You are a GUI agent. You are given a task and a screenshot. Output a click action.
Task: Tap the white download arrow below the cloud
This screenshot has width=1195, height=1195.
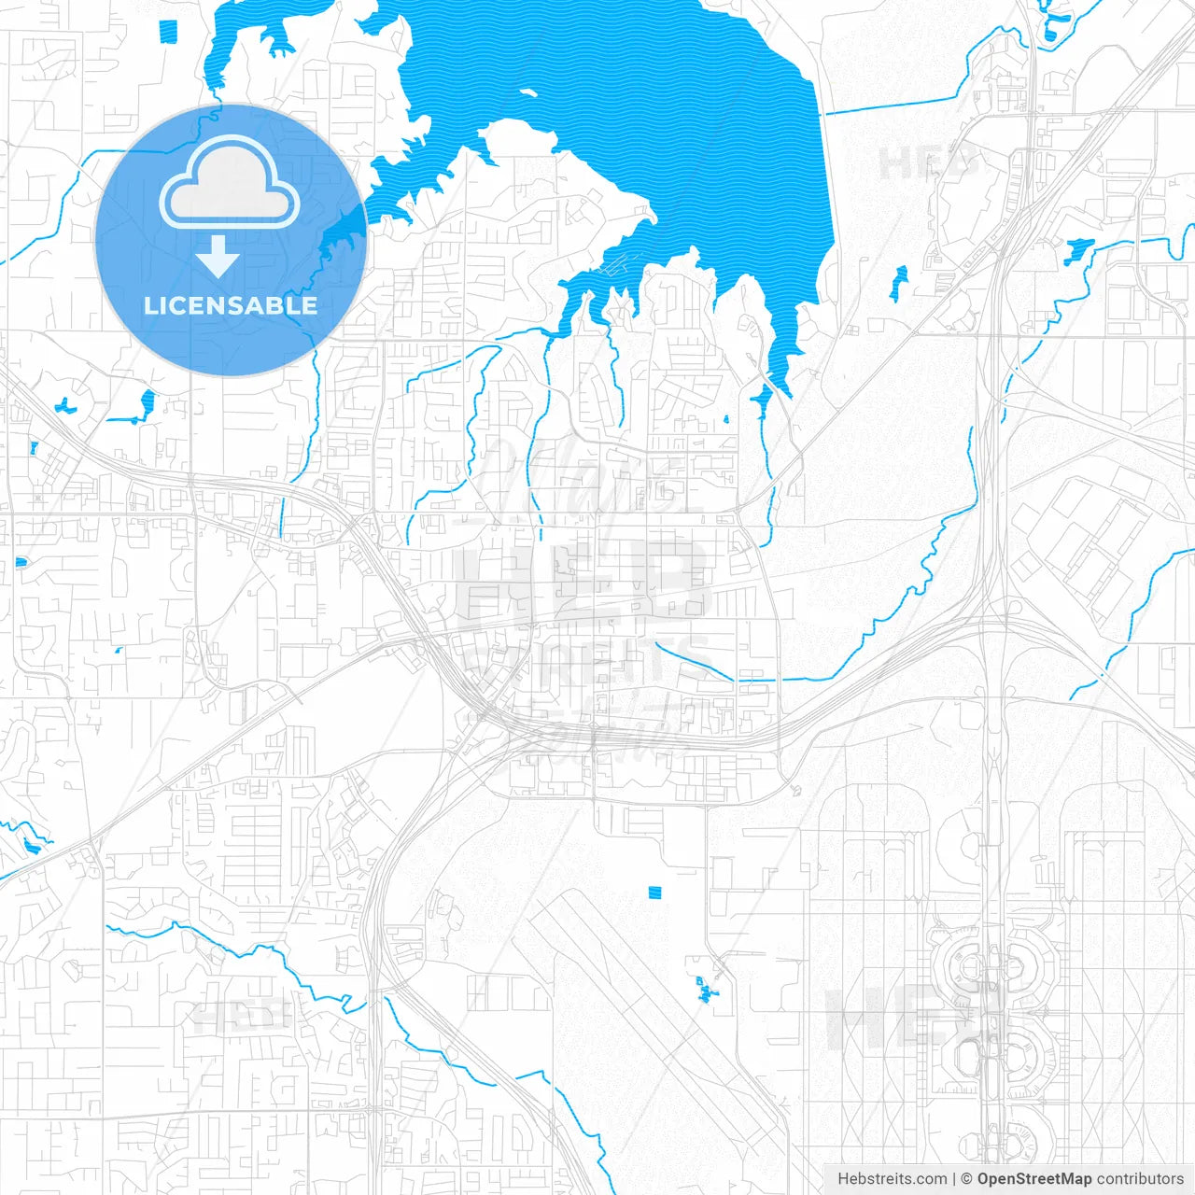[218, 256]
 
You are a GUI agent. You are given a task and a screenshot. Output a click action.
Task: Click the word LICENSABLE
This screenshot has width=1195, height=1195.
[230, 305]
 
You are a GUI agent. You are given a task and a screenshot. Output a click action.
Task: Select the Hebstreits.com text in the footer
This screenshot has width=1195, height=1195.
[892, 1179]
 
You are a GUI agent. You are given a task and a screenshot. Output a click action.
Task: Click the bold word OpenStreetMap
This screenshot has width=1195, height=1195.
[1033, 1179]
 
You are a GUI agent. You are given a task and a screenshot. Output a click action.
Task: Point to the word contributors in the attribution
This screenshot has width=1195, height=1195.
[1140, 1179]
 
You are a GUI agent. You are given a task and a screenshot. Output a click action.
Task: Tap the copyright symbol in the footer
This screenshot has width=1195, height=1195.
[966, 1179]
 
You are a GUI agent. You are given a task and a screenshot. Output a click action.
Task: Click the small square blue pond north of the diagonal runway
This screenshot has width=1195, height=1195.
[654, 893]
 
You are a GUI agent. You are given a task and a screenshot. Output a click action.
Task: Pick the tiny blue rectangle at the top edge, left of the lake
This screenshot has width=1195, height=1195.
[168, 31]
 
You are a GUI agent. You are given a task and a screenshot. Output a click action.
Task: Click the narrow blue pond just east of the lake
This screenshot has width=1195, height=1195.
[899, 283]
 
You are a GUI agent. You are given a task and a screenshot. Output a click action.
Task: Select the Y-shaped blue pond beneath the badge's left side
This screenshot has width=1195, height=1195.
[147, 405]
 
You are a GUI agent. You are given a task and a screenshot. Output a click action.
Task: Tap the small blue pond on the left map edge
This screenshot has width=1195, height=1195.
[21, 562]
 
